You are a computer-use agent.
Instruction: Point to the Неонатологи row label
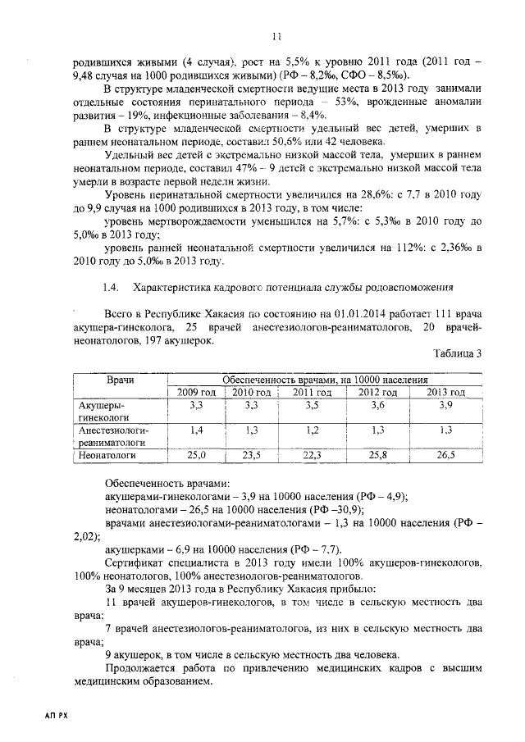[x=106, y=453]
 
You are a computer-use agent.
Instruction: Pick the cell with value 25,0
[x=196, y=453]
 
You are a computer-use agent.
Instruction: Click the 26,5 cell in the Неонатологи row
[x=445, y=453]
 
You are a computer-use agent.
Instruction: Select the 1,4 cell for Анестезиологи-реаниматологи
[x=196, y=429]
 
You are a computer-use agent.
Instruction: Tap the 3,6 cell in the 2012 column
[x=377, y=405]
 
